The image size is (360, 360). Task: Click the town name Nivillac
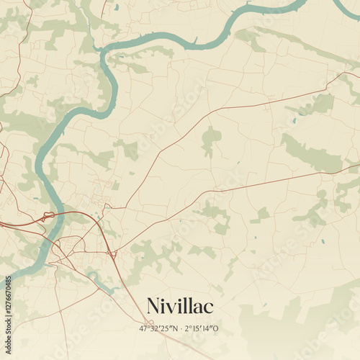click(x=180, y=306)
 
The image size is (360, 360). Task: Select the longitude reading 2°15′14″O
click(x=202, y=328)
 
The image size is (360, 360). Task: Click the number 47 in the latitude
click(x=144, y=328)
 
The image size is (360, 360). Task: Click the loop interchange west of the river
click(x=48, y=215)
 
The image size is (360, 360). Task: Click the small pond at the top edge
click(x=116, y=7)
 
